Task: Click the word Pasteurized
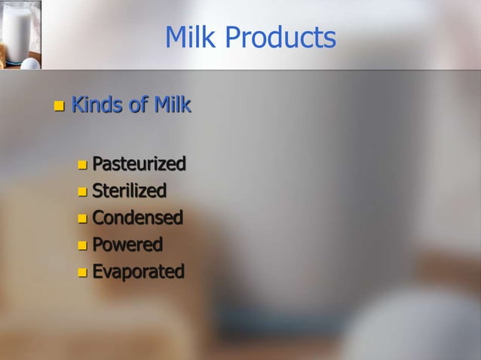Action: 139,163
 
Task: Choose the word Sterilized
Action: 129,191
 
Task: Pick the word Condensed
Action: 137,218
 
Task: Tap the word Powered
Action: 127,245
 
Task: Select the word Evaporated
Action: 138,272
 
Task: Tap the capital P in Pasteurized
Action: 98,163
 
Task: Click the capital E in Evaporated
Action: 97,272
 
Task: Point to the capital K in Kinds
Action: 76,105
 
